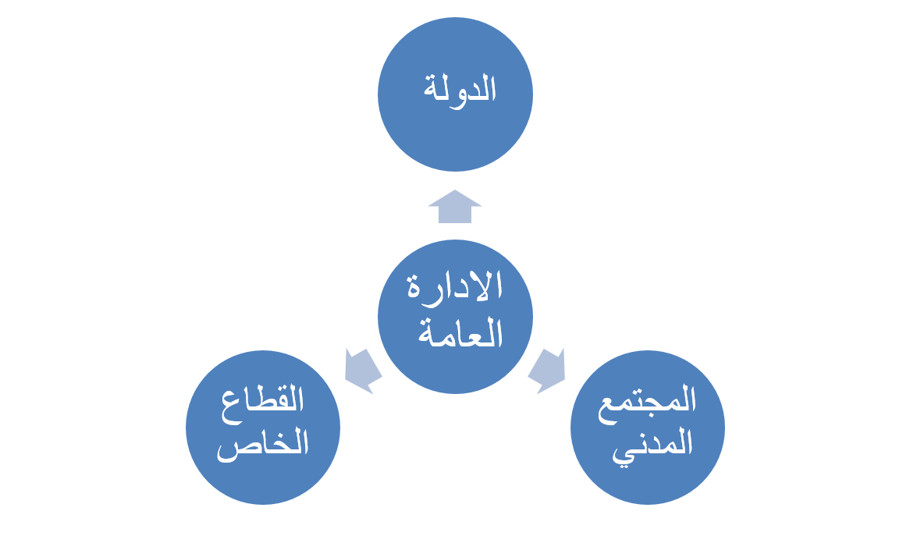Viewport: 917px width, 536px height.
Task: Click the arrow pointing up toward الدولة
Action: (x=455, y=208)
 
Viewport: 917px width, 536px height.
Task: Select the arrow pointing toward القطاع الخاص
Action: (x=362, y=369)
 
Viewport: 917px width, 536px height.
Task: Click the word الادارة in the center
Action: (x=456, y=289)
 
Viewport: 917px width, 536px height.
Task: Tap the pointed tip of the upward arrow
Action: (x=455, y=191)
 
